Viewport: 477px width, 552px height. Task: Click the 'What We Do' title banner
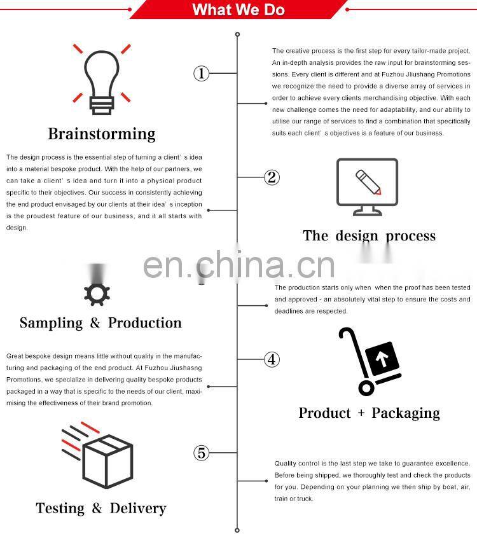(x=238, y=10)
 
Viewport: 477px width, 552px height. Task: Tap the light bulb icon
(x=102, y=79)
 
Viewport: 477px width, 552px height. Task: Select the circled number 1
(x=201, y=74)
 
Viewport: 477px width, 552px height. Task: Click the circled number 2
(x=272, y=177)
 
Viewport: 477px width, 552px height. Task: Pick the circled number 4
(x=272, y=360)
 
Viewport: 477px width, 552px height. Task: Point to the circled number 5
(x=201, y=453)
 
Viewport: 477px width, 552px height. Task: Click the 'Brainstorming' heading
(x=102, y=134)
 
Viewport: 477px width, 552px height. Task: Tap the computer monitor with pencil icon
(x=367, y=186)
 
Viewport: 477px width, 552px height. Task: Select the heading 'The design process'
(x=369, y=236)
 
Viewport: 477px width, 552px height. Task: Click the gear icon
(x=97, y=293)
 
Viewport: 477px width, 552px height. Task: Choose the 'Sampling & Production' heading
(x=100, y=323)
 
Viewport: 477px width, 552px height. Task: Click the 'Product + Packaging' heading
(x=369, y=413)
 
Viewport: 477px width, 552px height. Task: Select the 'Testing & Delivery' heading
(x=100, y=508)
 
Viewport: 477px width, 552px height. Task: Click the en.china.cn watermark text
(x=238, y=266)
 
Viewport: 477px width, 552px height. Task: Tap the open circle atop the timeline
(x=237, y=34)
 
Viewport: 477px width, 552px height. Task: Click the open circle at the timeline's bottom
(x=237, y=529)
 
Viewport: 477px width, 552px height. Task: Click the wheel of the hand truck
(x=366, y=387)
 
